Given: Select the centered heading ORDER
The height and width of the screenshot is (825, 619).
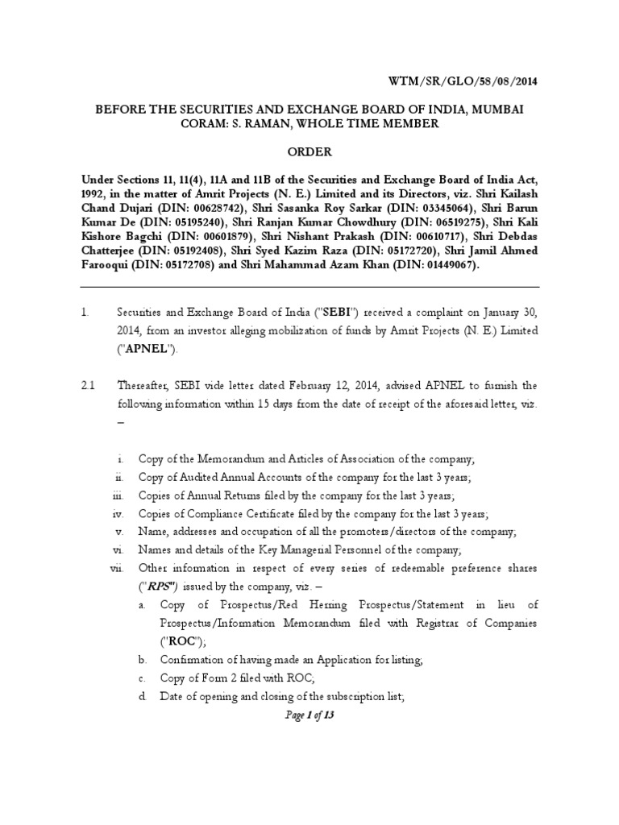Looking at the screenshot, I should click(x=309, y=151).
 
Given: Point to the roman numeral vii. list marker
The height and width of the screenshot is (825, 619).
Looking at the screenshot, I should click(x=116, y=568).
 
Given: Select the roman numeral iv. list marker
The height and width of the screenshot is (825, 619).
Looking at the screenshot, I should click(x=117, y=513).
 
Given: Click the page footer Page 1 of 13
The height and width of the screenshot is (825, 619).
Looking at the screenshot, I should click(x=309, y=716).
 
